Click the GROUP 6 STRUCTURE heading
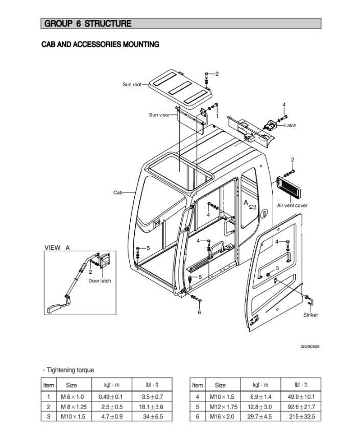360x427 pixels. pyautogui.click(x=88, y=23)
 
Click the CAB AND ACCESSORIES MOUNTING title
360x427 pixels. pyautogui.click(x=100, y=44)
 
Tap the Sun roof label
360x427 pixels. pyautogui.click(x=131, y=85)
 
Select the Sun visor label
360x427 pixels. pyautogui.click(x=159, y=115)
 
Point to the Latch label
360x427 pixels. pyautogui.click(x=290, y=125)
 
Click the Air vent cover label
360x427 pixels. pyautogui.click(x=292, y=205)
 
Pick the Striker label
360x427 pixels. pyautogui.click(x=310, y=315)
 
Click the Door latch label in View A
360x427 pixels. pyautogui.click(x=100, y=281)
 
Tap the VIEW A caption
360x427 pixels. pyautogui.click(x=57, y=248)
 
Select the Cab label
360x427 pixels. pyautogui.click(x=117, y=193)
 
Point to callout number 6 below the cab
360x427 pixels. pyautogui.click(x=200, y=312)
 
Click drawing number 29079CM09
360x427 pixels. pyautogui.click(x=309, y=347)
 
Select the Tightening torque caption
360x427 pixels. pyautogui.click(x=69, y=370)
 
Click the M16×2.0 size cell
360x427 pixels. pyautogui.click(x=220, y=416)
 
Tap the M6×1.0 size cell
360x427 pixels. pyautogui.click(x=72, y=396)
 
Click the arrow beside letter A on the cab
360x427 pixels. pyautogui.click(x=252, y=206)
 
